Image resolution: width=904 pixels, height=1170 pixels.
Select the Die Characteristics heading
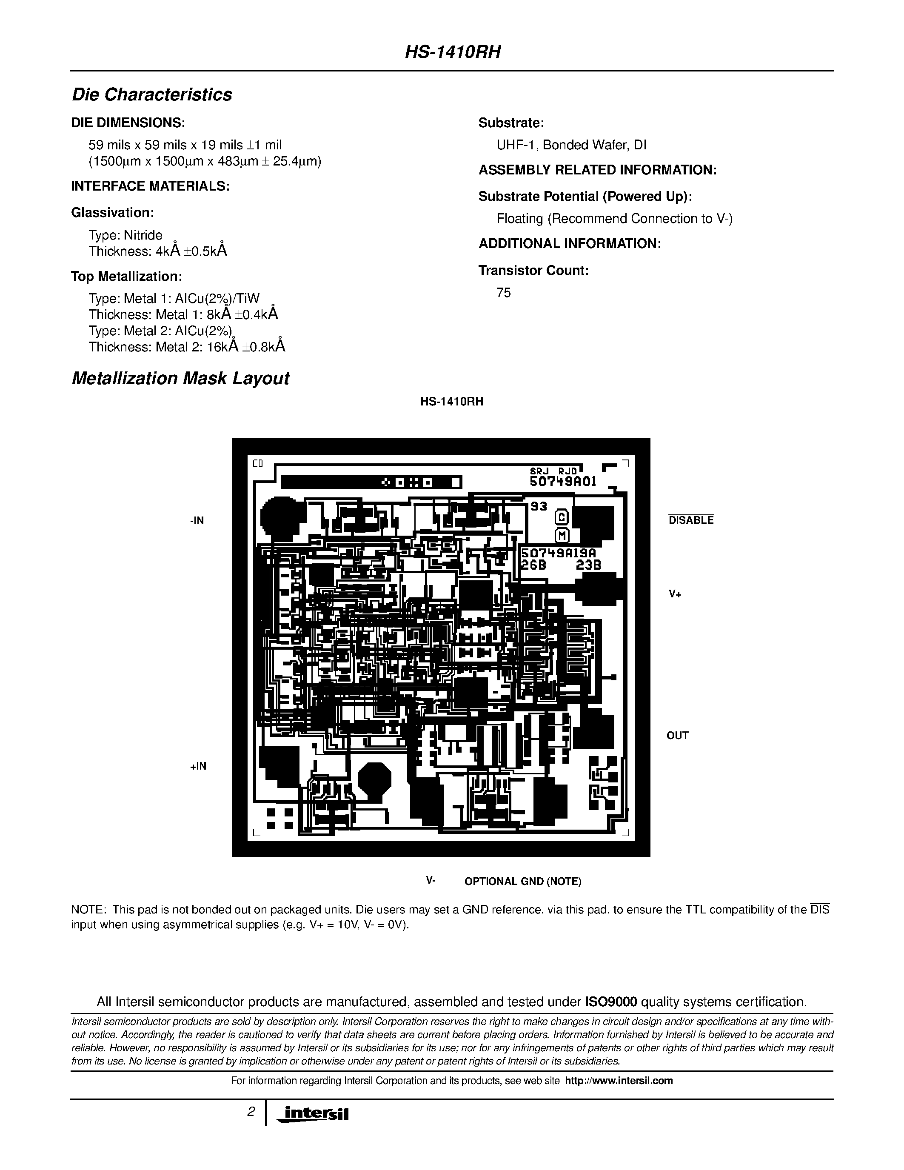152,94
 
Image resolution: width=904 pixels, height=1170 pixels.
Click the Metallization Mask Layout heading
180,378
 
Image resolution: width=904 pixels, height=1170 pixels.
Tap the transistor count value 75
503,293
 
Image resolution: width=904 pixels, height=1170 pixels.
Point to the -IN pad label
197,521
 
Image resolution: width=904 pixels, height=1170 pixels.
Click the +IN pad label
198,766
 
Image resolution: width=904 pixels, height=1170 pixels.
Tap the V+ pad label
675,594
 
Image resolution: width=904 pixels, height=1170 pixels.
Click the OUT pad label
677,736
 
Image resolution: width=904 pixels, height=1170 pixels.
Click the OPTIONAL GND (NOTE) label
523,881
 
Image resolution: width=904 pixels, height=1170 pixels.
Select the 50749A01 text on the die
562,481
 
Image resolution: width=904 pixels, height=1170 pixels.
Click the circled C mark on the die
561,517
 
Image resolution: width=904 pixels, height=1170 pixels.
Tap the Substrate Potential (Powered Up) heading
585,197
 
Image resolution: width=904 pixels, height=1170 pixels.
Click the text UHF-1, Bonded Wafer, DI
571,145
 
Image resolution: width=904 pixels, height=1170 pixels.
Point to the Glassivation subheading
112,213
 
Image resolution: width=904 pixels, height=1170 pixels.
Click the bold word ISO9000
610,1002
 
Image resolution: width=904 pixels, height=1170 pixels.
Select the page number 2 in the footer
251,1112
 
